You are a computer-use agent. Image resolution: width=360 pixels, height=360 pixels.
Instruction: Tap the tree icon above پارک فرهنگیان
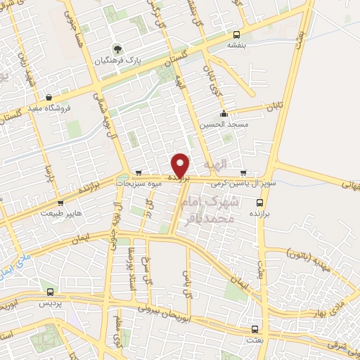pos(117,50)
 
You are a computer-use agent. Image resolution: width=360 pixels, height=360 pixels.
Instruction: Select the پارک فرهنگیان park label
pos(119,61)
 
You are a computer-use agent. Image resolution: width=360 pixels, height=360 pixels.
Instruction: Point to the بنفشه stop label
pos(236,44)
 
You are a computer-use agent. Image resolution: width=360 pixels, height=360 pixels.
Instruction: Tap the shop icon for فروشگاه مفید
pos(47,97)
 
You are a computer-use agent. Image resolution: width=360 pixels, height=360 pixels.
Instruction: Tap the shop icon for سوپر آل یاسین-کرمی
pos(244,172)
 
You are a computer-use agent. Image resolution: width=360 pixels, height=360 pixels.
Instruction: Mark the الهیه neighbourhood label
pos(215,164)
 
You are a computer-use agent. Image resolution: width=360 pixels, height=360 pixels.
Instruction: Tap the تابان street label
pos(273,107)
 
